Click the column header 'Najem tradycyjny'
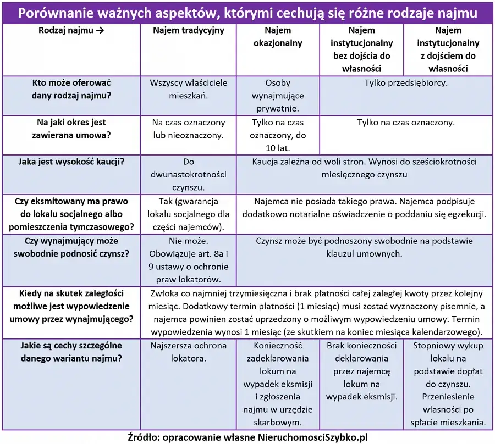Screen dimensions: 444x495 (x=188, y=31)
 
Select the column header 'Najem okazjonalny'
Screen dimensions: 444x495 (x=278, y=37)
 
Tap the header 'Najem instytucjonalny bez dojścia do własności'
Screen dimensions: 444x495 (x=361, y=49)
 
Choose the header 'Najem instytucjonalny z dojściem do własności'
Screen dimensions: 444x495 (x=448, y=49)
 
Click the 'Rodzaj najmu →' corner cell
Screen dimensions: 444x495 (x=71, y=31)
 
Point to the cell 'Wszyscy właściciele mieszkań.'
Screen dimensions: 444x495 (x=188, y=89)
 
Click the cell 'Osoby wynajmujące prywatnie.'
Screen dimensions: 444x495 (x=278, y=96)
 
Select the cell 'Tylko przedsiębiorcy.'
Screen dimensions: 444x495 (x=406, y=83)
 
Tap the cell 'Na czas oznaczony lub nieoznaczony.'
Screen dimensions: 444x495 (x=188, y=129)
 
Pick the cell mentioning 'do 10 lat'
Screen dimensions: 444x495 (x=278, y=135)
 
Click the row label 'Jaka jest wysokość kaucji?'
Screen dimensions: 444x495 (x=71, y=162)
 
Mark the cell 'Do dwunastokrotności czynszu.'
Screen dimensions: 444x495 (x=188, y=175)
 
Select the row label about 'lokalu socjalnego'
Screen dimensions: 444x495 (x=71, y=214)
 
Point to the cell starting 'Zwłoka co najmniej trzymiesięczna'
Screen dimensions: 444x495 (x=316, y=312)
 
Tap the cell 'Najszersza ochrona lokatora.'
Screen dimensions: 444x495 (x=188, y=352)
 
